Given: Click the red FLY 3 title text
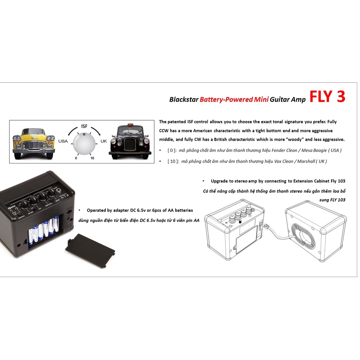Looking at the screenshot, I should coord(327,97).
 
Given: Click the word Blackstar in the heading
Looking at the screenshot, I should coord(184,99).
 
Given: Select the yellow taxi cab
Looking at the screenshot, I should coord(34,143).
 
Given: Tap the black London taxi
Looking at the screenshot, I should coord(130,142).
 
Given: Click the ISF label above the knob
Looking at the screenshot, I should coord(84,126).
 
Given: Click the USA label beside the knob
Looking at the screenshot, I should coord(63,141).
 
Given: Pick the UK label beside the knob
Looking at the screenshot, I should coord(104,141).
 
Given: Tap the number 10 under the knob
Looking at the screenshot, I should coord(92,158).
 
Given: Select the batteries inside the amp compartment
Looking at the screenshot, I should coord(44,231).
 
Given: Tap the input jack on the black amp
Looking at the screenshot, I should coord(61,193).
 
